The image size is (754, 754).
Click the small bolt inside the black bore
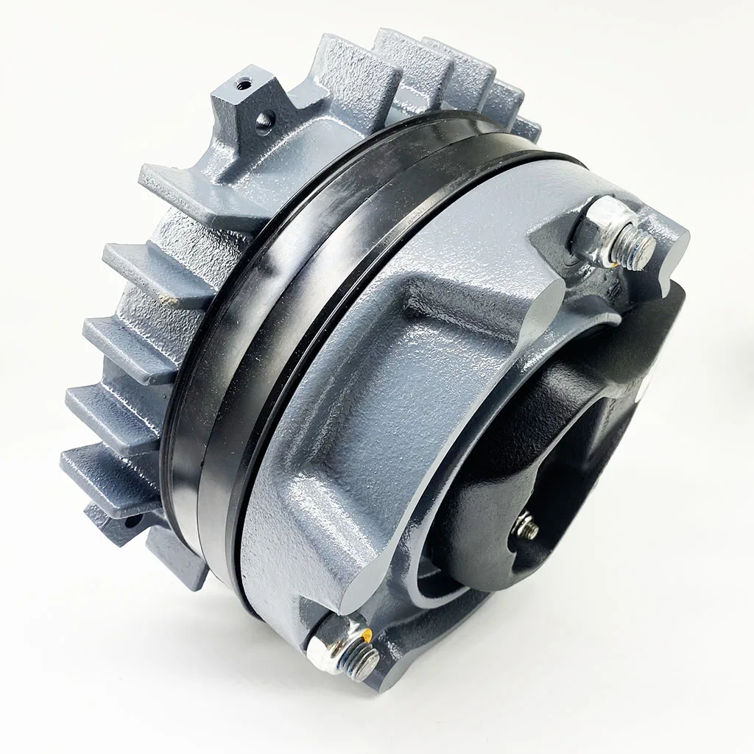526,527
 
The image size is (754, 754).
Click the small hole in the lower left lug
133,524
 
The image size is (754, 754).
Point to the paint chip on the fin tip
171,300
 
